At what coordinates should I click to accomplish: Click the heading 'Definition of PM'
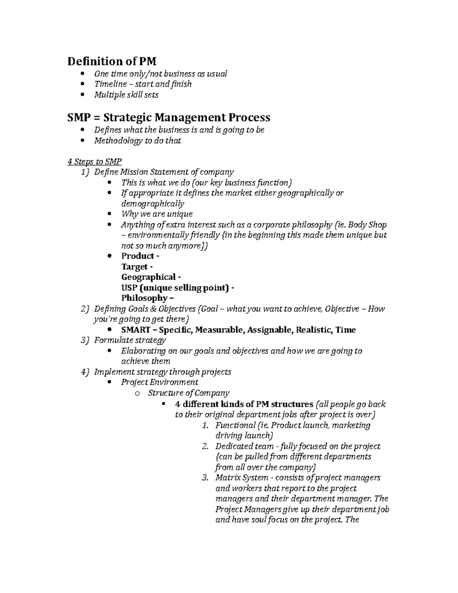pos(112,61)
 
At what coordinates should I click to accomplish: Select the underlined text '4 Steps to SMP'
pos(94,162)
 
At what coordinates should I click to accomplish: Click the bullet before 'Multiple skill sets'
pos(84,95)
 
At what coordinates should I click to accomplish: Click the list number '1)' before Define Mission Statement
pos(85,172)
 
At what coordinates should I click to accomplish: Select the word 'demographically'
pos(152,204)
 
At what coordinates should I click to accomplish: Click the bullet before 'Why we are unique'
pos(110,214)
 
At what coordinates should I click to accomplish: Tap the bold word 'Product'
pos(137,256)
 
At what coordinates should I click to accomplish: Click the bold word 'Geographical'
pos(148,277)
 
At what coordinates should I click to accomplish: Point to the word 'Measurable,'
pos(220,330)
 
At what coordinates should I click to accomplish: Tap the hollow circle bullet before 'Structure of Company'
pos(137,393)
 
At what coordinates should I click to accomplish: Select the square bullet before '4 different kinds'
pos(164,404)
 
